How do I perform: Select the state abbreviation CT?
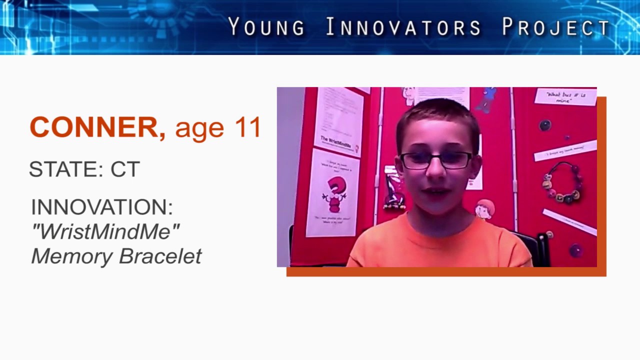[x=125, y=169]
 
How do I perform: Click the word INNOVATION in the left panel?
[x=101, y=207]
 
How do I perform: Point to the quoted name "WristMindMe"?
[x=105, y=231]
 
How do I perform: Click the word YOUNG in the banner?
[x=266, y=27]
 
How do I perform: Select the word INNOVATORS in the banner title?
[x=403, y=27]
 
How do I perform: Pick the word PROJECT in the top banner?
[x=555, y=27]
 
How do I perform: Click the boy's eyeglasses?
[x=436, y=160]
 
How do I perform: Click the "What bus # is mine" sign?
[x=565, y=96]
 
